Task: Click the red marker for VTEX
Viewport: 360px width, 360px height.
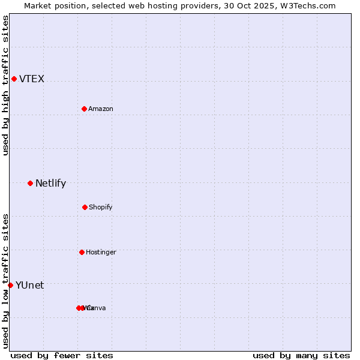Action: (14, 79)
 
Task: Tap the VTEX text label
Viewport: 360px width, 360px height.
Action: (32, 79)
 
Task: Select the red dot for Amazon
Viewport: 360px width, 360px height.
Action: (84, 109)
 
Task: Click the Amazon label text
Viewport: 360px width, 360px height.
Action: (101, 109)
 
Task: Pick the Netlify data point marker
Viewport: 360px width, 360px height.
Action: (30, 183)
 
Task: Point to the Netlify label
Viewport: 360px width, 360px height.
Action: (50, 184)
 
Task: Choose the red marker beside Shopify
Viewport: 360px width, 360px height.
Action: (85, 207)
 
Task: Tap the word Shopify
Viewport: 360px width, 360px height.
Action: (101, 208)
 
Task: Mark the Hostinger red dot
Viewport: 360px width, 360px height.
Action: (82, 252)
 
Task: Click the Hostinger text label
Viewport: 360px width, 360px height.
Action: (101, 253)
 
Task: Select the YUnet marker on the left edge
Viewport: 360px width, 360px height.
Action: (10, 285)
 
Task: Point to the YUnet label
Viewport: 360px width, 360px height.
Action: (29, 286)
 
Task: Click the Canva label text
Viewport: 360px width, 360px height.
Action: (97, 308)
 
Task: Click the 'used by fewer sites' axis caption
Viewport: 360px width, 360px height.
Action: (62, 355)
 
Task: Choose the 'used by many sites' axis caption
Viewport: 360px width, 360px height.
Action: (301, 355)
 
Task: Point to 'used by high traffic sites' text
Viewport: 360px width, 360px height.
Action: (5, 85)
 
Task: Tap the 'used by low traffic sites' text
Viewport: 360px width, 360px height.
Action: (5, 280)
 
